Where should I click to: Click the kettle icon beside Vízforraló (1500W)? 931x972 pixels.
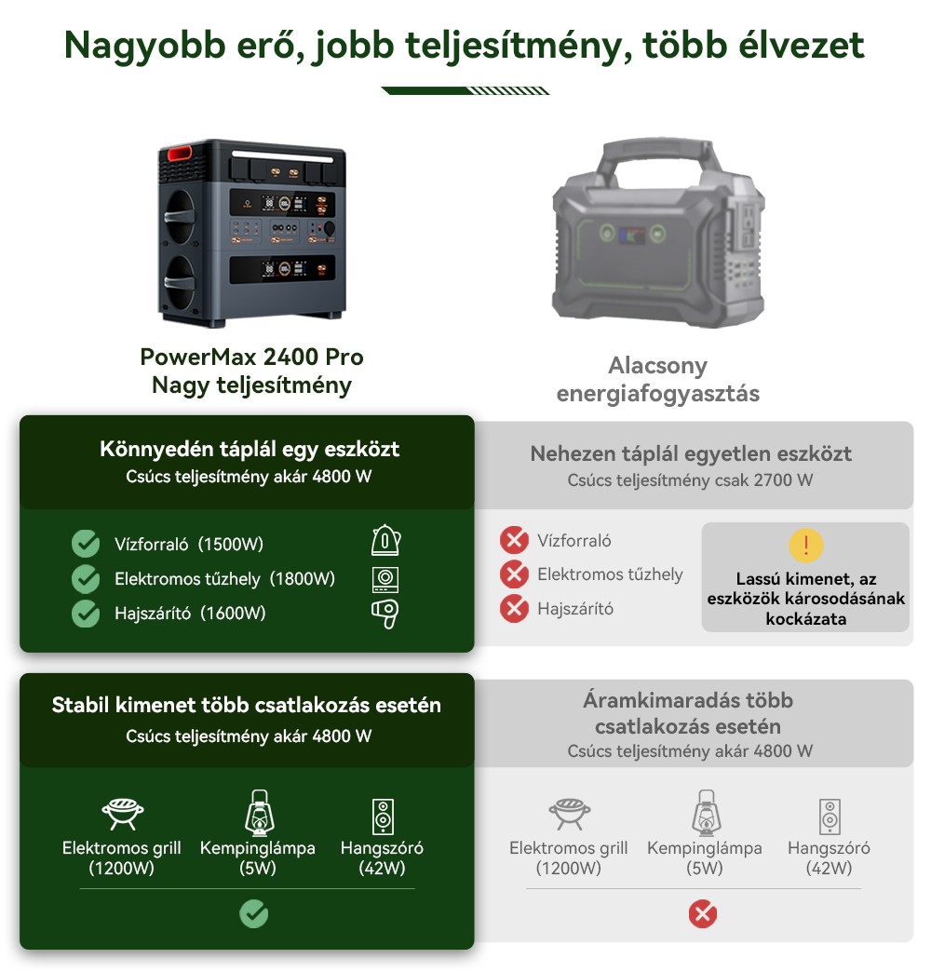(385, 541)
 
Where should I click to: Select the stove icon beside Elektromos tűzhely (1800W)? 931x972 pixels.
(385, 578)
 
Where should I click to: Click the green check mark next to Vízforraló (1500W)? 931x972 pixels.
(86, 544)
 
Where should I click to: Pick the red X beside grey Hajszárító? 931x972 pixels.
(514, 609)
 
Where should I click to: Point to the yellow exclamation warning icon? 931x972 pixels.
(805, 546)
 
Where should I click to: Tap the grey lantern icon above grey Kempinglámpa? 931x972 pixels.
(705, 813)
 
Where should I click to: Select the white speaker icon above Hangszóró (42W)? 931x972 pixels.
(382, 816)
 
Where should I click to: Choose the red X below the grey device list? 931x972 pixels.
(702, 915)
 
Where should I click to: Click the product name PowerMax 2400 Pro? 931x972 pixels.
(251, 357)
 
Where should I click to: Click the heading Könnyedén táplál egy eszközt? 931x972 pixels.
(250, 449)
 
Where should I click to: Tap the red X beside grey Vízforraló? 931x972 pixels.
(514, 540)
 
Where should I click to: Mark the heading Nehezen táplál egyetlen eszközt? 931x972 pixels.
(691, 454)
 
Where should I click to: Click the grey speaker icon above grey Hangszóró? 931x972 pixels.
(830, 816)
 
